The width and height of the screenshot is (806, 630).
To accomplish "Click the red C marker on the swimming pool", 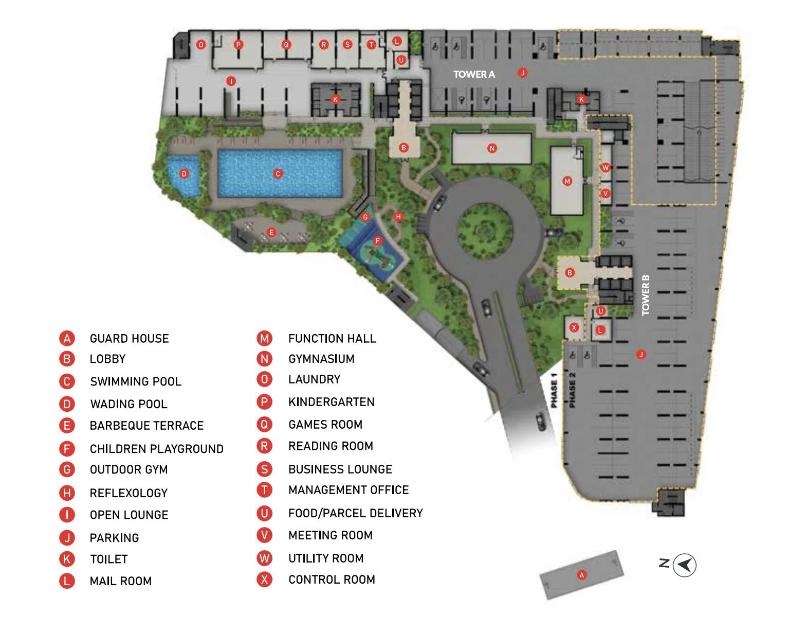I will click(x=278, y=174).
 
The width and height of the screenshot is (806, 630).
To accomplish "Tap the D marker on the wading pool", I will click(x=184, y=174).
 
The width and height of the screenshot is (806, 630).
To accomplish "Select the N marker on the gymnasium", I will click(x=492, y=148).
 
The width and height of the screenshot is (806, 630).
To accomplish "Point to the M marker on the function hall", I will click(x=567, y=181).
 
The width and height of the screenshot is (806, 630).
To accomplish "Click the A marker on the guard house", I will click(x=581, y=575).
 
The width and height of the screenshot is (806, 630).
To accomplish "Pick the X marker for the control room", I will click(x=574, y=327).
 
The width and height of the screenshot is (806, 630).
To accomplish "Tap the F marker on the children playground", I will click(x=378, y=241).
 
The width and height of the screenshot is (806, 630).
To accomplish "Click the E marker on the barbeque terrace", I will click(x=271, y=233).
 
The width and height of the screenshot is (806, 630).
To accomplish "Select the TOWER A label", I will click(x=474, y=74).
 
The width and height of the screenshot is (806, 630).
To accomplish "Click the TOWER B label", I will click(x=646, y=295).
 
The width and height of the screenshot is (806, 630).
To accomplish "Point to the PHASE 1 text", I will click(x=554, y=391).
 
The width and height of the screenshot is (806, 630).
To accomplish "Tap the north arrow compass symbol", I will click(x=684, y=565).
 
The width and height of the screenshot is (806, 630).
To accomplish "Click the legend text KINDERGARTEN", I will click(x=331, y=402).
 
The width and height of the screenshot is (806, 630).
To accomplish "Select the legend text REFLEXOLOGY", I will click(x=129, y=493).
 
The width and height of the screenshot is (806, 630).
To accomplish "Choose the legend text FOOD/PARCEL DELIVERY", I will click(x=355, y=513).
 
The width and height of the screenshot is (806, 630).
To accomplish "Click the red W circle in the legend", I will click(x=264, y=558).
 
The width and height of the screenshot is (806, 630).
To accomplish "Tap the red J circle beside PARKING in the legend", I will click(x=67, y=538).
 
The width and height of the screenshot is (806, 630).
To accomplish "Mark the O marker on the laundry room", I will click(x=201, y=45).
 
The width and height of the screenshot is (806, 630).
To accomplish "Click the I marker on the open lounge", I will click(x=231, y=81).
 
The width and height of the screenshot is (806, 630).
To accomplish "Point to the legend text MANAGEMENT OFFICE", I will click(x=349, y=490).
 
